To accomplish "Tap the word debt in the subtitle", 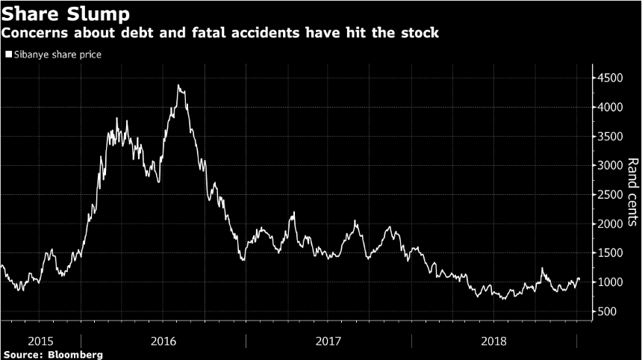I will tap(124, 34).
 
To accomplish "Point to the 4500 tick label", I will tap(610, 78).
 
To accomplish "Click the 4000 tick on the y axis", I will tap(610, 107).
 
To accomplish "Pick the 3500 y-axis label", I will tap(610, 136).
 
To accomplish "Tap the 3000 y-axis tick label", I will tap(610, 165).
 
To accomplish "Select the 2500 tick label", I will tap(610, 194).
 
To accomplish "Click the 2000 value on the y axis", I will tap(610, 223).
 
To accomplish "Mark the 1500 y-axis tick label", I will tap(610, 252).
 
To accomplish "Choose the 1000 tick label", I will tap(610, 282).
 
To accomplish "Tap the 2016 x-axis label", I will tap(163, 341).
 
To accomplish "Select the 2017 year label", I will tap(328, 341).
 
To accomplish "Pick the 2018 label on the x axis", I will tap(493, 341).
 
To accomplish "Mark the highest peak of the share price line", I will tap(178, 85).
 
